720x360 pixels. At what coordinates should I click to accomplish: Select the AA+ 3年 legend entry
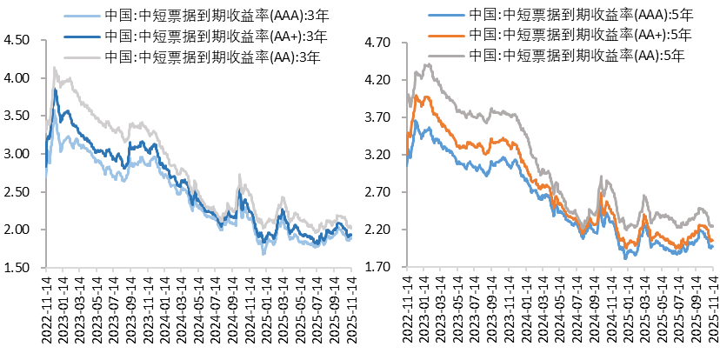coord(200,37)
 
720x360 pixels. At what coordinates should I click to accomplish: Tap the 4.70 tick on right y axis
coord(383,43)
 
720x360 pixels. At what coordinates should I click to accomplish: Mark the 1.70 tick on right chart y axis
coord(383,267)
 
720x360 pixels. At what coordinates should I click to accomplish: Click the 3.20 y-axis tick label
coord(383,155)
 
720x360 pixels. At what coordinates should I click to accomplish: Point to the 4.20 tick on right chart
coord(383,80)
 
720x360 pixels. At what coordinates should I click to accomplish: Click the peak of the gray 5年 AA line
coord(427,63)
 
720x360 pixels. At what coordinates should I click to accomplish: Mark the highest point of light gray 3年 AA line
coord(55,67)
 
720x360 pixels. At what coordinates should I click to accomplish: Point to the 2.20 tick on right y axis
coord(383,230)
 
